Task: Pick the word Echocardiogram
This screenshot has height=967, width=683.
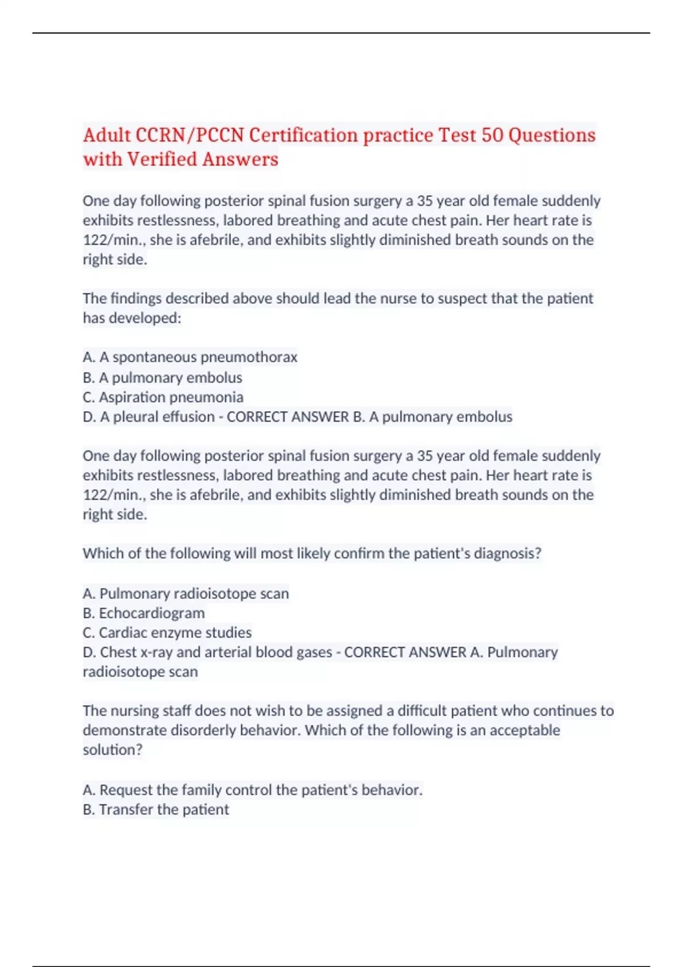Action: click(152, 613)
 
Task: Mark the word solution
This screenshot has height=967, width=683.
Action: click(112, 750)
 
